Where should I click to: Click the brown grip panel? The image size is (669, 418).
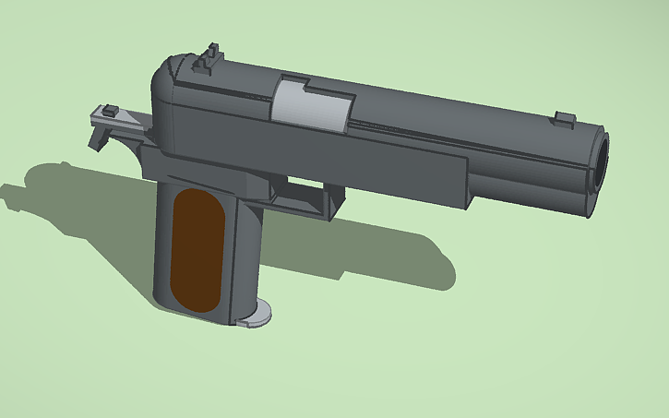[x=196, y=248]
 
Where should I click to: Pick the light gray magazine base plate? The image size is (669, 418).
[x=256, y=316]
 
